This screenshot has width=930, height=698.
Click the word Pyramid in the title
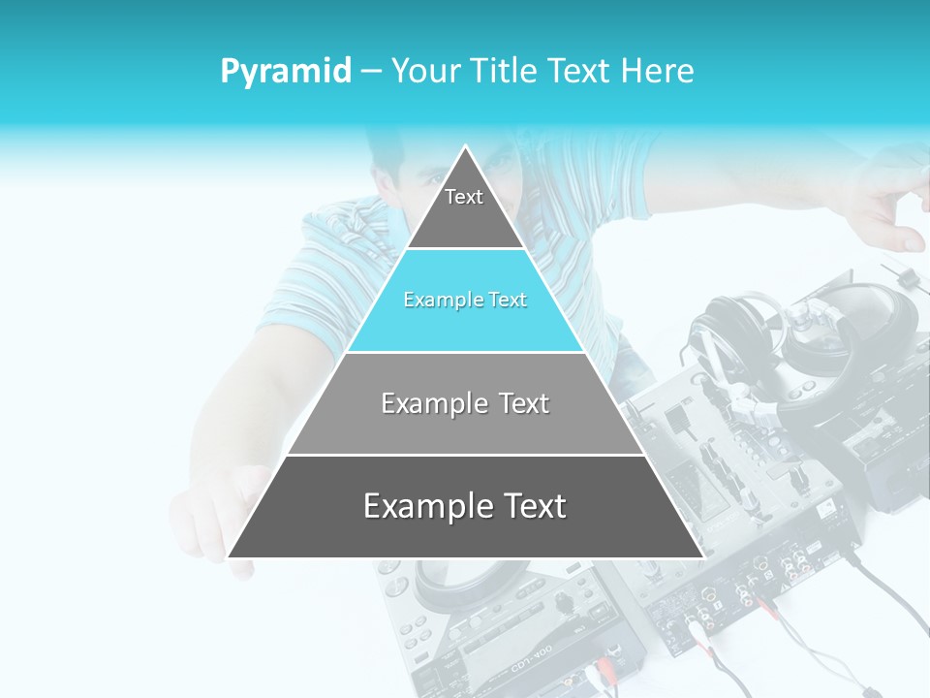coord(286,72)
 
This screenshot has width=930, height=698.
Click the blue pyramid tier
coord(465,301)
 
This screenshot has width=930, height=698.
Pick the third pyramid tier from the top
coord(465,403)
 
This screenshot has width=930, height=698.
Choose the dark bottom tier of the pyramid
coord(465,506)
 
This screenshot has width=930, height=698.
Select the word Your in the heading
coord(424,72)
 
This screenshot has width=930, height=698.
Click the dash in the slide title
coord(371,72)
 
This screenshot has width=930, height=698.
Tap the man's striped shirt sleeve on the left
coord(320,281)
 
